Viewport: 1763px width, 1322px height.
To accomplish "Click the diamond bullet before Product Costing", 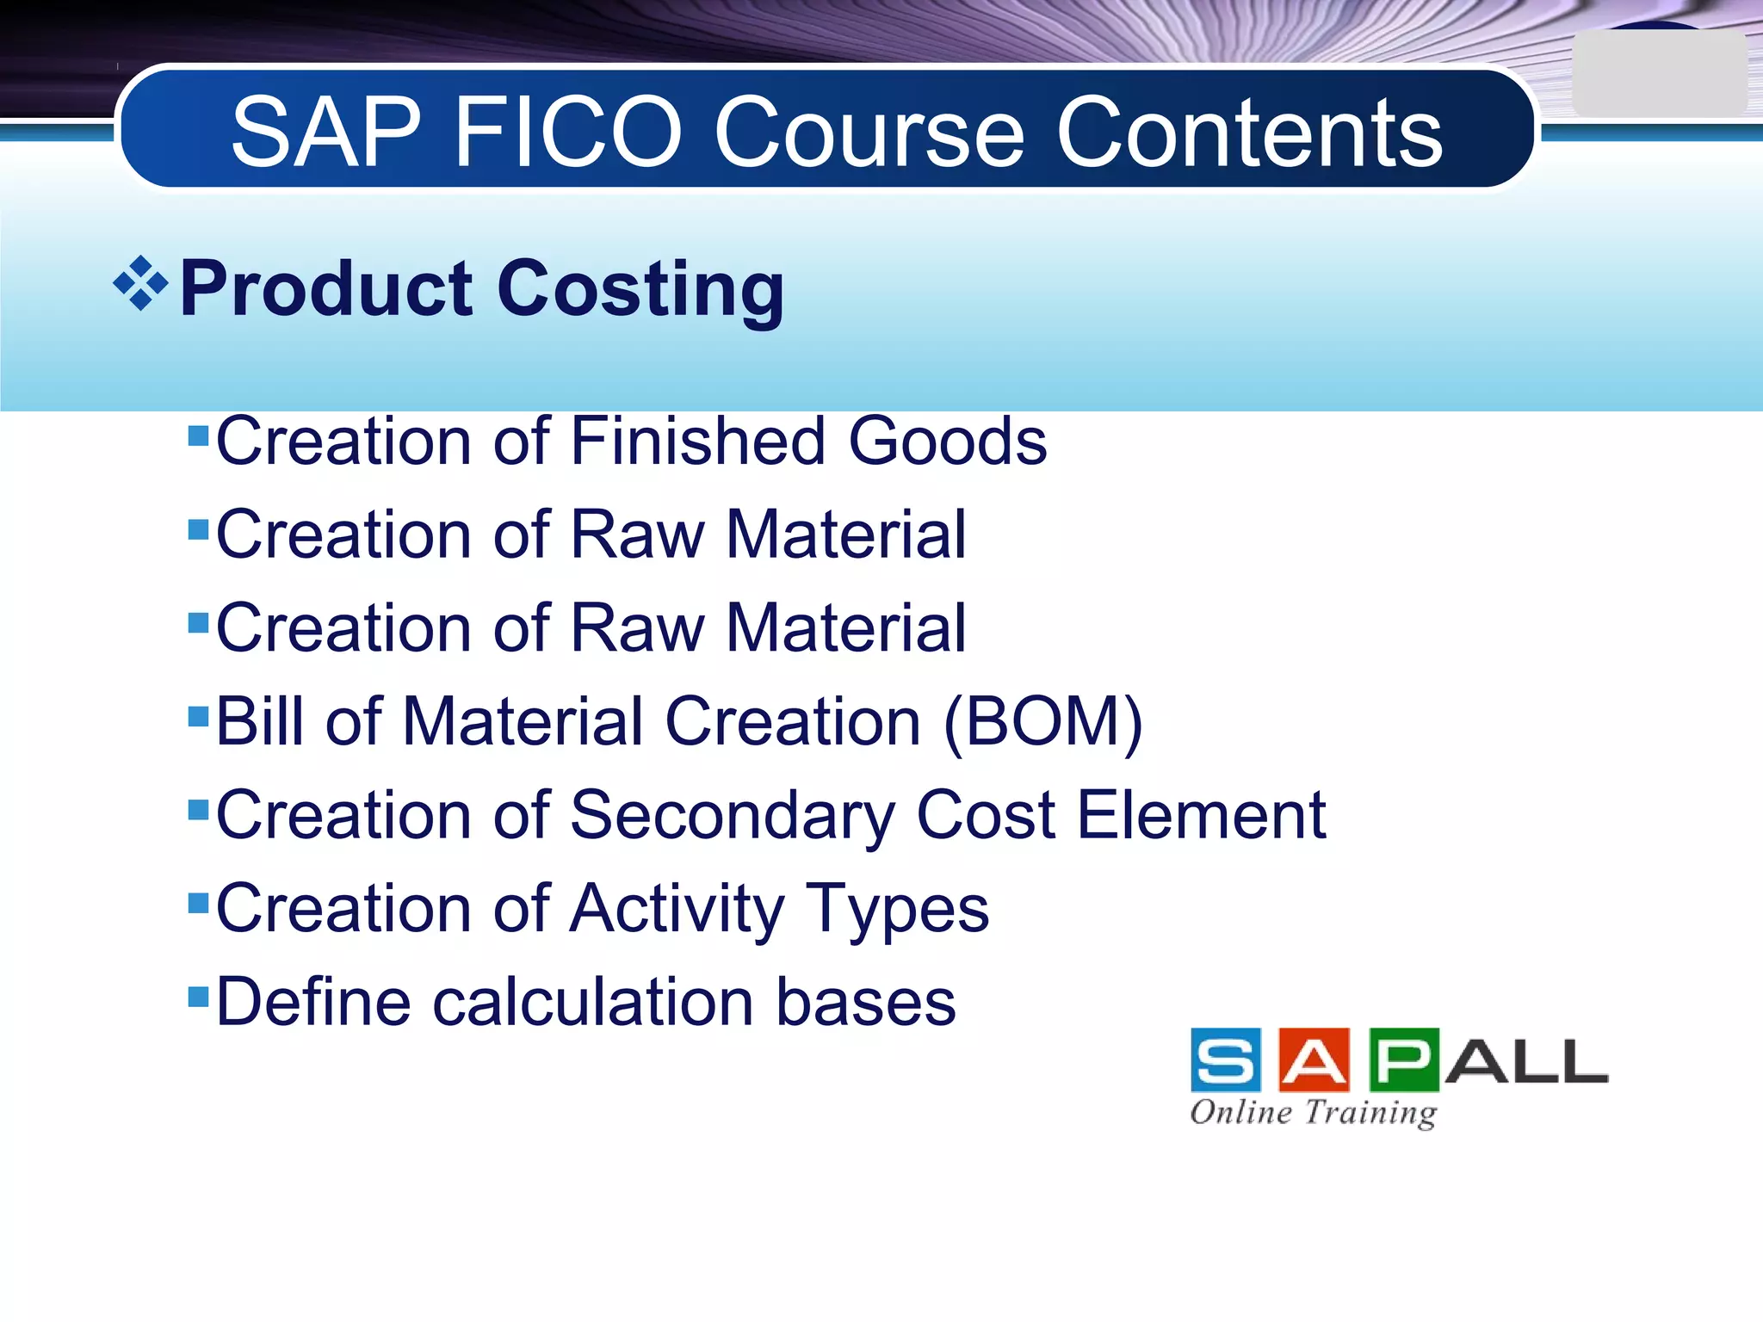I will pos(140,283).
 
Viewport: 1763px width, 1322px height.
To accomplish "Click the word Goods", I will pos(948,441).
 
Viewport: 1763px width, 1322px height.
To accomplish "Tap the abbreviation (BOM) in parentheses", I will pos(1043,721).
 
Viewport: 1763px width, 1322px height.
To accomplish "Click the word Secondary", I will pos(732,815).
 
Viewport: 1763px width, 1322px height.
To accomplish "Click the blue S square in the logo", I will pos(1226,1060).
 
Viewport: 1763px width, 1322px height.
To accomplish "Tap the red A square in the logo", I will pos(1315,1060).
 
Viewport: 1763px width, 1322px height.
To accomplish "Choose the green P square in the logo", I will pos(1404,1060).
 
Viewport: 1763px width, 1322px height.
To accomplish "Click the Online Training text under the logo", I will pos(1313,1112).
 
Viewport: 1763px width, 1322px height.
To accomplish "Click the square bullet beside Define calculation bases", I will pos(199,997).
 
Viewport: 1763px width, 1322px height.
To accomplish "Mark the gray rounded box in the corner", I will pos(1658,75).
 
